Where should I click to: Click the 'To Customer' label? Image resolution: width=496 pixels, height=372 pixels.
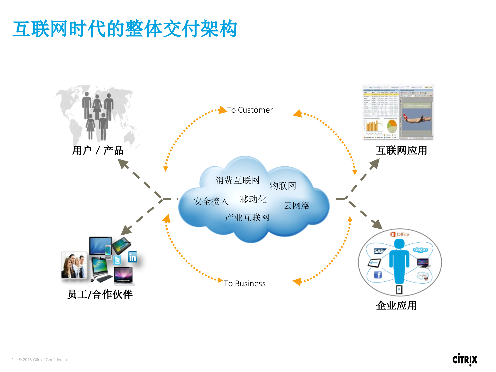click(250, 110)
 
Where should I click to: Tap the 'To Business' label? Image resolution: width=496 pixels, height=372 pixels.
click(244, 284)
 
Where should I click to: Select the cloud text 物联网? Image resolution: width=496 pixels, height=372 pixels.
click(283, 186)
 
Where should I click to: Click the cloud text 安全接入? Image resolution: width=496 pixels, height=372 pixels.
click(211, 201)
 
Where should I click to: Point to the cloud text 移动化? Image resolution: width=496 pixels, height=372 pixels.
click(253, 199)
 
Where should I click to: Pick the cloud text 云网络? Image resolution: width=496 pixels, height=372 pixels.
click(296, 206)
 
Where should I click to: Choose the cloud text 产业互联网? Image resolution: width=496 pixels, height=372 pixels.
click(247, 217)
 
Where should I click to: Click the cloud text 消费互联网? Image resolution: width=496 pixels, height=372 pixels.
click(237, 180)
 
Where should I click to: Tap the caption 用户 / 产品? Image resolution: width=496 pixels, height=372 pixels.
click(98, 151)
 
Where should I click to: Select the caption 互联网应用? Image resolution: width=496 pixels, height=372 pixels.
click(401, 151)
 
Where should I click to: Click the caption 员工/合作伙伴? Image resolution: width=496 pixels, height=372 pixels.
click(100, 294)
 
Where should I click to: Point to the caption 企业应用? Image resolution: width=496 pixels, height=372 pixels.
click(396, 305)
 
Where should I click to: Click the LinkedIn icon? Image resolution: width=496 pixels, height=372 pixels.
click(133, 257)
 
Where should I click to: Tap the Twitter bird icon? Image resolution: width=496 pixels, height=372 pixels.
click(117, 260)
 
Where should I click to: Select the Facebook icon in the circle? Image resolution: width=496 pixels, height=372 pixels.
click(378, 275)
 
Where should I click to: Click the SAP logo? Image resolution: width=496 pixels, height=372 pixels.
click(379, 251)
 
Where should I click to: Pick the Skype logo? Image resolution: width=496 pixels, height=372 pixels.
click(420, 250)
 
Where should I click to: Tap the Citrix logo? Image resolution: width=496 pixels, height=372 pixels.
click(465, 359)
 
